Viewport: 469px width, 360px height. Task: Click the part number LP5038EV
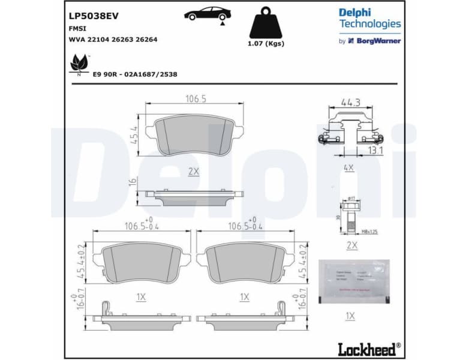pyautogui.click(x=89, y=16)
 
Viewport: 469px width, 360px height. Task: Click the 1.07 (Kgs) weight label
pyautogui.click(x=266, y=43)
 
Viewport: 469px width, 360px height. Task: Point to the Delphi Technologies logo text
pyautogui.click(x=369, y=18)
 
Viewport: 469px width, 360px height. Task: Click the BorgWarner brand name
pyautogui.click(x=378, y=41)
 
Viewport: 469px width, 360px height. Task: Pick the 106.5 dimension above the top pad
pyautogui.click(x=196, y=99)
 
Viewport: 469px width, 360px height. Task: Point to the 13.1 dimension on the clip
pyautogui.click(x=376, y=151)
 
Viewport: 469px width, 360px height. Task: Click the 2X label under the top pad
pyautogui.click(x=193, y=171)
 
